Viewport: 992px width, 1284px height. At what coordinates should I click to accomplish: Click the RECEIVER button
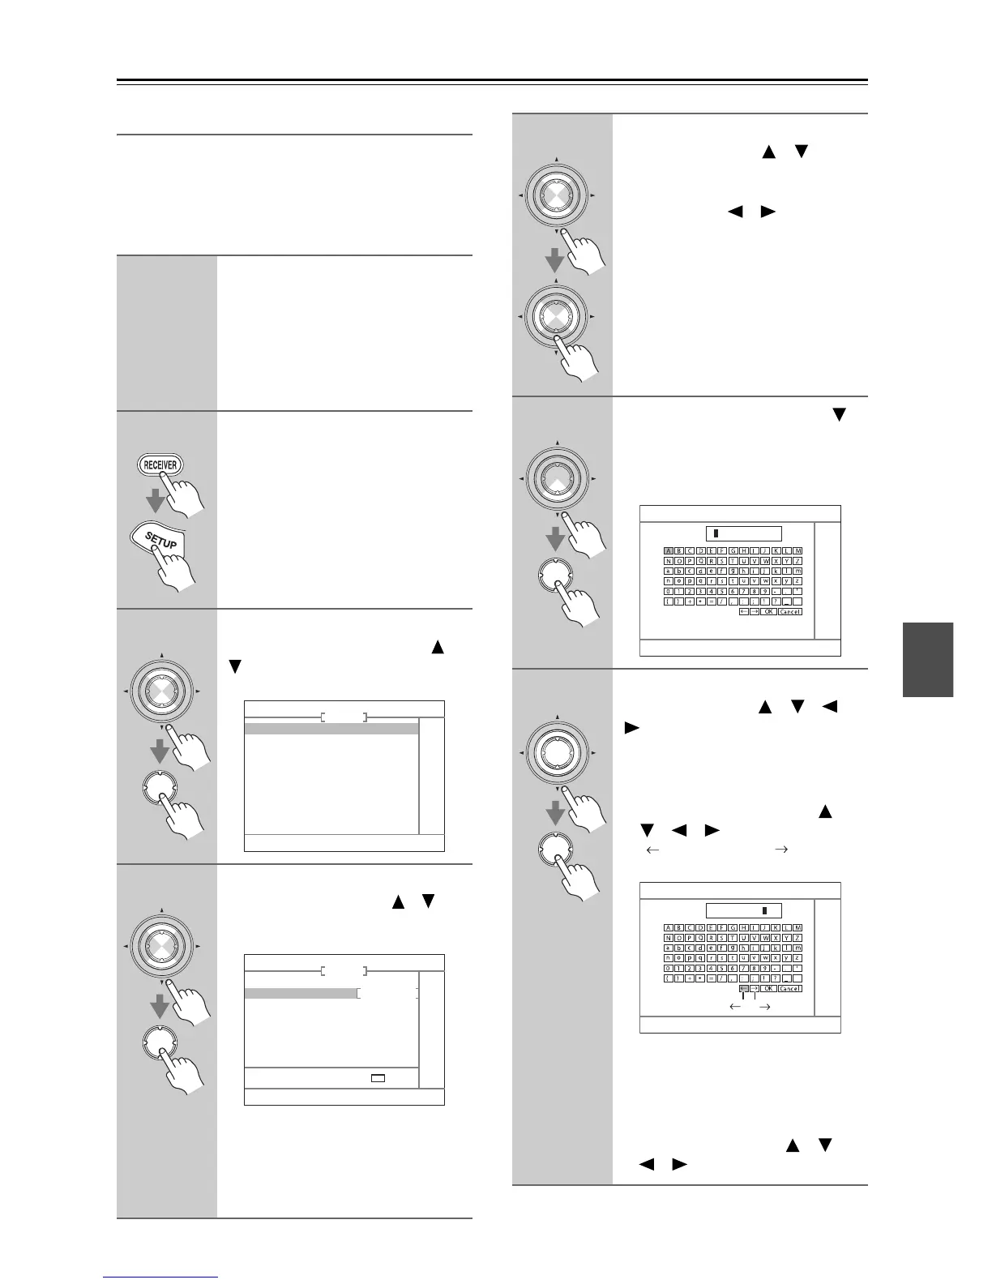(160, 464)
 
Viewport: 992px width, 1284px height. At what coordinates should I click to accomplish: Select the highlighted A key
(669, 551)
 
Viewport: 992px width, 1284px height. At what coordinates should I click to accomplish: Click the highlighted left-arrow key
(743, 989)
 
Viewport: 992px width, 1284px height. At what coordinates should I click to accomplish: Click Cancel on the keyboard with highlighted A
(789, 612)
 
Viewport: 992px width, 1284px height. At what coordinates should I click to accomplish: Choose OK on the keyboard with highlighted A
(768, 612)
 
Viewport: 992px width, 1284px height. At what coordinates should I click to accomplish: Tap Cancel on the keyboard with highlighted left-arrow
(789, 989)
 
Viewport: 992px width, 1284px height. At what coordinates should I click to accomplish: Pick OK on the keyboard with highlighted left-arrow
(768, 989)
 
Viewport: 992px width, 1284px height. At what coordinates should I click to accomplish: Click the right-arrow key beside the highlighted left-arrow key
(754, 989)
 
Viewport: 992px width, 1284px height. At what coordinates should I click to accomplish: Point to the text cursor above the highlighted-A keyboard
(716, 533)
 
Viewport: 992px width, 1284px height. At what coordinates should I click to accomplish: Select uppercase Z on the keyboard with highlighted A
(797, 561)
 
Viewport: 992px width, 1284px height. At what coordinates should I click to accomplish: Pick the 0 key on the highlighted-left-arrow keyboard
(669, 968)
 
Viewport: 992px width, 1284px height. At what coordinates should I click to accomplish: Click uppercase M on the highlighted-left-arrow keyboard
(797, 927)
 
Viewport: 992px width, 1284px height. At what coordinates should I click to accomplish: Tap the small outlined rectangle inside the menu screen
(378, 1078)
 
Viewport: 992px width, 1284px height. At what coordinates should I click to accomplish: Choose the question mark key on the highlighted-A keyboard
(776, 601)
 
